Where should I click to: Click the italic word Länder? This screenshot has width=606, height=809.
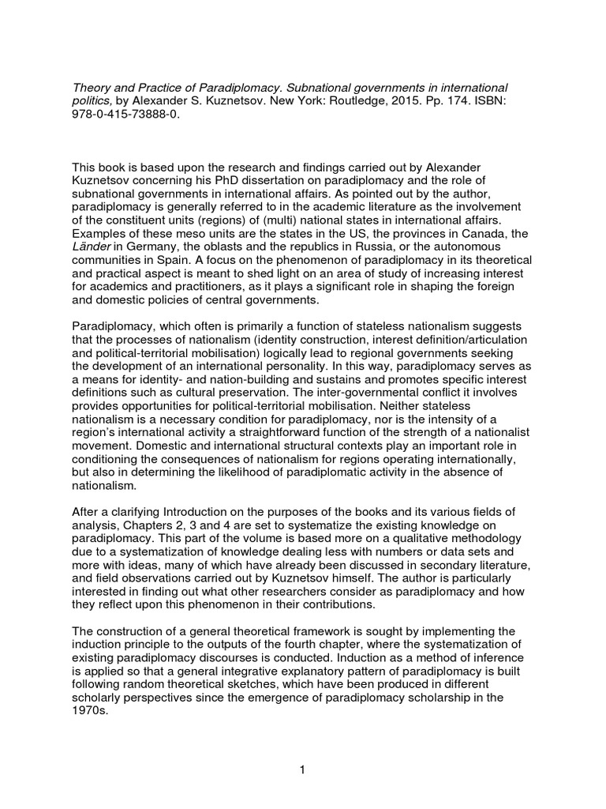point(92,249)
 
